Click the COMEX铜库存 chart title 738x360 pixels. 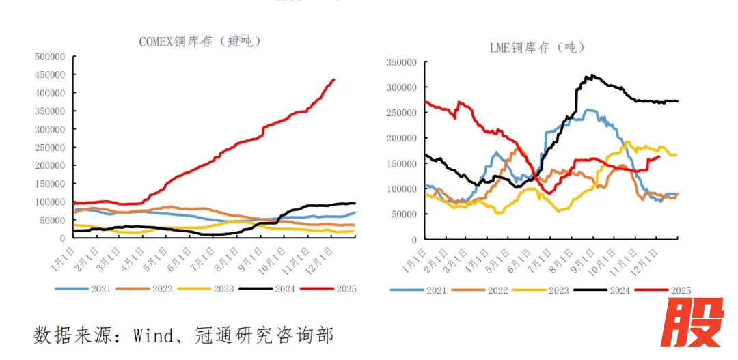click(200, 42)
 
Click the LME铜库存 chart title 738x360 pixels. click(537, 47)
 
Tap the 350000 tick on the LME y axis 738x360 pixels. click(400, 62)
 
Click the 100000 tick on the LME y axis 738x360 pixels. click(400, 189)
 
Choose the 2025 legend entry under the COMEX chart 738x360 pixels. click(331, 289)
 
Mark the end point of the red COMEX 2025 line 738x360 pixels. click(333, 79)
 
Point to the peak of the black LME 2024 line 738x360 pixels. click(592, 76)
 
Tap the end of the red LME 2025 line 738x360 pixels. click(659, 156)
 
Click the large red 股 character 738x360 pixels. click(692, 324)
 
